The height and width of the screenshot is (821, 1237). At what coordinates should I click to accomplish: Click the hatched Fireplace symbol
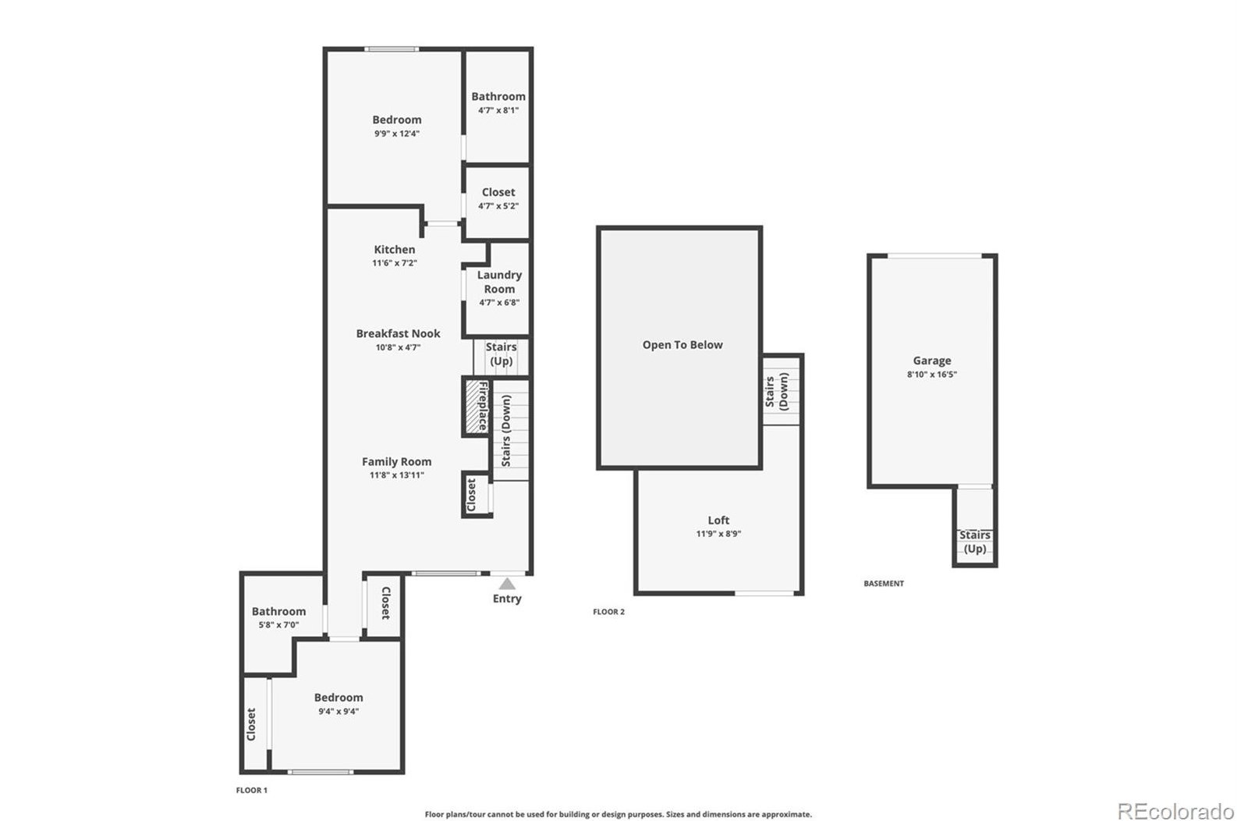[x=473, y=407]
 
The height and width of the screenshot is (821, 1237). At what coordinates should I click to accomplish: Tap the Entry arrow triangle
[x=507, y=584]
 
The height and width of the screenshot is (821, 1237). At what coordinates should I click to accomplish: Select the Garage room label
[x=931, y=361]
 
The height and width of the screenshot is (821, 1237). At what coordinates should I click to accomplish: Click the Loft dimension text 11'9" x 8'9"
[x=718, y=534]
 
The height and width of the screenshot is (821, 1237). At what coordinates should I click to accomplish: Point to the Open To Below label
[x=682, y=345]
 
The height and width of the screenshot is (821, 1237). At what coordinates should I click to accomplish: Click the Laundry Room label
[x=499, y=282]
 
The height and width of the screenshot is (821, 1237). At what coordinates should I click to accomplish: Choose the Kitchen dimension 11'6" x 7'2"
[x=395, y=263]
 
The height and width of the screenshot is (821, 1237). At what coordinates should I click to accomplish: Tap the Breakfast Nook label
[x=398, y=333]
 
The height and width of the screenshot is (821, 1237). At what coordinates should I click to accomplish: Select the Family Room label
[x=396, y=461]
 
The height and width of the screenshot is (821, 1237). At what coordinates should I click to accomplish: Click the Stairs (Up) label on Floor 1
[x=501, y=354]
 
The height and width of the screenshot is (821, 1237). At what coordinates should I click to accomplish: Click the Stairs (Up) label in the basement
[x=974, y=542]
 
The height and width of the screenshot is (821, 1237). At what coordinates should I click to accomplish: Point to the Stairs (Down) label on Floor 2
[x=777, y=391]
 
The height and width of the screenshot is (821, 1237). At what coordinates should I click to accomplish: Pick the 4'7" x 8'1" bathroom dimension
[x=498, y=110]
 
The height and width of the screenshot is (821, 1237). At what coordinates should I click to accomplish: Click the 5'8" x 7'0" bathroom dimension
[x=278, y=625]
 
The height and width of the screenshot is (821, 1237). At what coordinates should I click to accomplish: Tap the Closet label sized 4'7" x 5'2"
[x=498, y=192]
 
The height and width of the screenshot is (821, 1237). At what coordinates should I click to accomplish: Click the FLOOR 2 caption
[x=608, y=612]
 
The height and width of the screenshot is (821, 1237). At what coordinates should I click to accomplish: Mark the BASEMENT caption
[x=883, y=584]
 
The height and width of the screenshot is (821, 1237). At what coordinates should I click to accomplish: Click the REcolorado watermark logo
[x=1175, y=811]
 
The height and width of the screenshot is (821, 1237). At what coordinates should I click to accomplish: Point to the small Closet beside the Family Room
[x=472, y=495]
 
